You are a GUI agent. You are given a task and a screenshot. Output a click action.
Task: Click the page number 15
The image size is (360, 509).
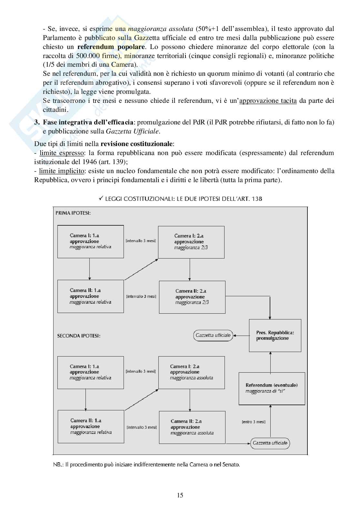click(180, 495)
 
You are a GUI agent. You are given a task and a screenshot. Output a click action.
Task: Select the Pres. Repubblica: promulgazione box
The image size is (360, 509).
click(275, 335)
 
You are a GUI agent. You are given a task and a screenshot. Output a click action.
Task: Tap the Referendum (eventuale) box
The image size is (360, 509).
click(272, 388)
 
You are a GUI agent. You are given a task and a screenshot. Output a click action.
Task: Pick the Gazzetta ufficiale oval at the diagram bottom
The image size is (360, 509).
click(270, 443)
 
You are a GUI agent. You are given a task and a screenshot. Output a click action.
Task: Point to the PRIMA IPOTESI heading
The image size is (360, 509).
click(73, 213)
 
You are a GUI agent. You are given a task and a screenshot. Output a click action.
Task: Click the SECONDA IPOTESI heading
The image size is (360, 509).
click(79, 336)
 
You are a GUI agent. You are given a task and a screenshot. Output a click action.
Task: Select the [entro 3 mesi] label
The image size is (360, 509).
click(254, 422)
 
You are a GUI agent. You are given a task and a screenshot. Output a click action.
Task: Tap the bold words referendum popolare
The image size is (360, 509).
click(111, 47)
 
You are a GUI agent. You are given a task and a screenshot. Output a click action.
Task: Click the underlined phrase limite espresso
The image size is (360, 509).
click(61, 153)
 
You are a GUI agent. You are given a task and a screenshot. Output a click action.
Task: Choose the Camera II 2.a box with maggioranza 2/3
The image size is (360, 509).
click(192, 297)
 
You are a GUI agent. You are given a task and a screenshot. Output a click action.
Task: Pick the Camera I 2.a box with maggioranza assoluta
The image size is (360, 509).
click(191, 372)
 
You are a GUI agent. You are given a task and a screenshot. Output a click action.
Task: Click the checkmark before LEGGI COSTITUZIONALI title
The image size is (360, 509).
click(101, 199)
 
